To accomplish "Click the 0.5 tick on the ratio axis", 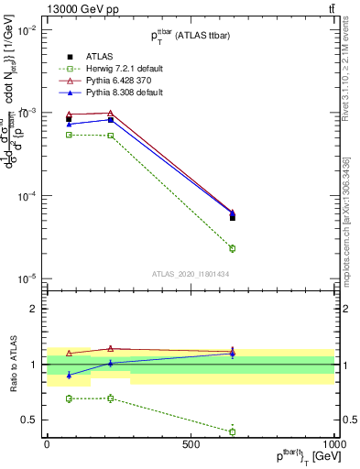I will [30, 420].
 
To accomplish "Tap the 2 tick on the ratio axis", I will [34, 310].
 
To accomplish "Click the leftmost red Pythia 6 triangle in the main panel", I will [70, 115].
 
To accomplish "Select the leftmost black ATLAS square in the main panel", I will [70, 119].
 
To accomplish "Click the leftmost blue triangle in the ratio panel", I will [70, 375].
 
